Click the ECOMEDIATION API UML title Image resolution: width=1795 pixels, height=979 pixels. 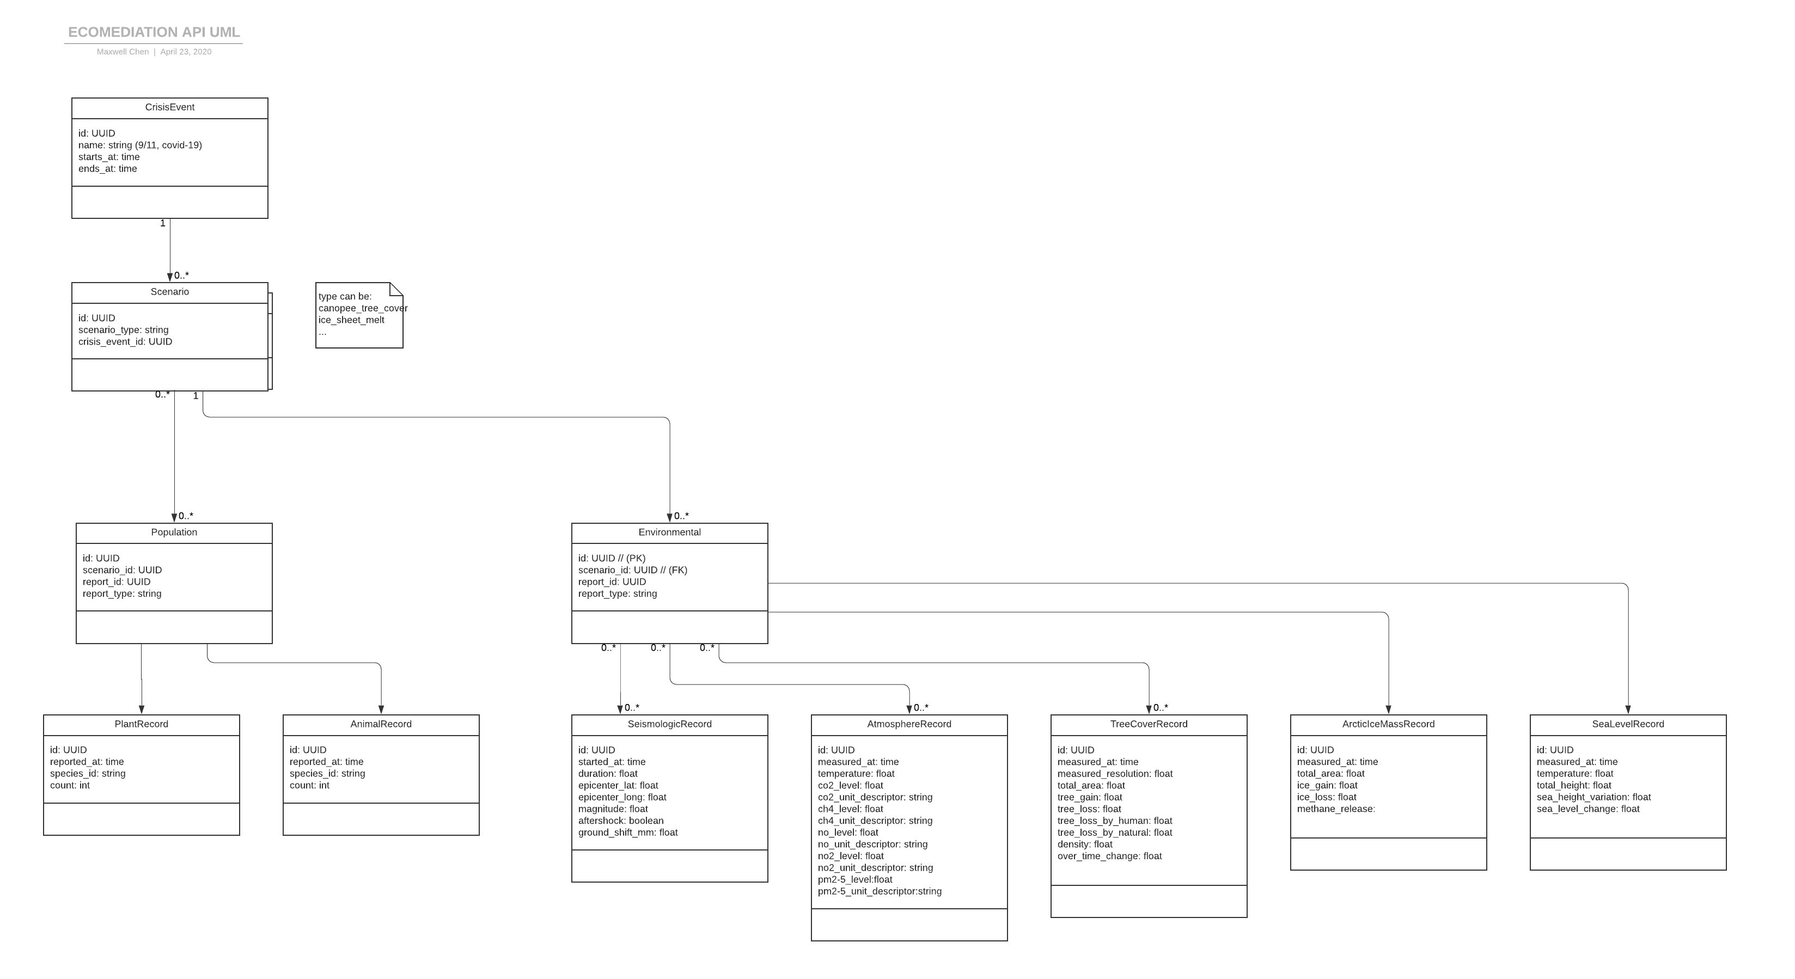(x=153, y=32)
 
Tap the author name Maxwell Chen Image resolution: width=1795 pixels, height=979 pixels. (x=123, y=52)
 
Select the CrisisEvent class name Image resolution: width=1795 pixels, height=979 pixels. (x=169, y=107)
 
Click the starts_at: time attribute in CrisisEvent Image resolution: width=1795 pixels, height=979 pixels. (x=109, y=157)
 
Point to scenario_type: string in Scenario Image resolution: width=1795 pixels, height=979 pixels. (x=123, y=329)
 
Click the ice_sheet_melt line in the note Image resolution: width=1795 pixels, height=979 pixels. (x=351, y=320)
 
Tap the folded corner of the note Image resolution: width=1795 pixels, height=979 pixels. (x=396, y=289)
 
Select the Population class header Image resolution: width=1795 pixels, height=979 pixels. (x=174, y=533)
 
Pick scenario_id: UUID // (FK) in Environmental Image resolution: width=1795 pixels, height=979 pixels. (x=633, y=570)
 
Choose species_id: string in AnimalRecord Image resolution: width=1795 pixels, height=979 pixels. (x=327, y=773)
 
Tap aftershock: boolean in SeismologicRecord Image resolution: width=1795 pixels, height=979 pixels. (x=621, y=821)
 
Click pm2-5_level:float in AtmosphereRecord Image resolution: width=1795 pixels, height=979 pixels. (x=855, y=879)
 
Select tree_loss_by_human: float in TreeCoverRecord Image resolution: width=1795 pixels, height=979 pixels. (x=1115, y=821)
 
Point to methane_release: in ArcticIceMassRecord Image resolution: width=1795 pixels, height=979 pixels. (x=1336, y=809)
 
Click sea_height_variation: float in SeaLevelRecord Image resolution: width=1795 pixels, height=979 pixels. (x=1593, y=797)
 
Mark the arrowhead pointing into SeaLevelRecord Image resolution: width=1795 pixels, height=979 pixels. (x=1628, y=710)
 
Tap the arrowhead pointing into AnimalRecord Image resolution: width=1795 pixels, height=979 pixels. (x=381, y=710)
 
